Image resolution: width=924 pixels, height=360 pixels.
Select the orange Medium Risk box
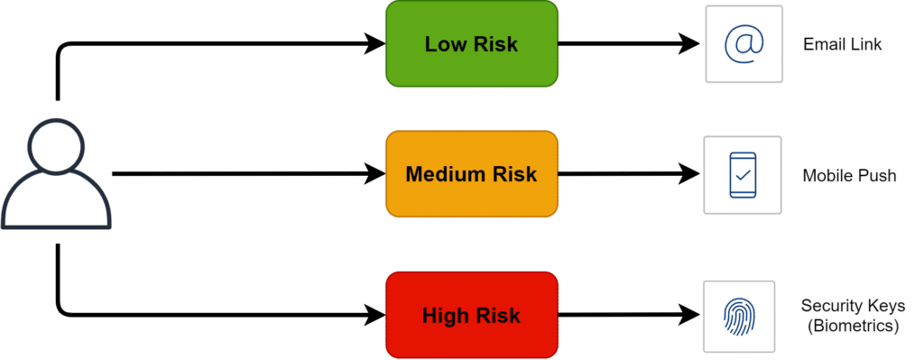coord(471,173)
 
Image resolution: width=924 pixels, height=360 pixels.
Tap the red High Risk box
coord(471,315)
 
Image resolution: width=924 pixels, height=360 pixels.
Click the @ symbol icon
coord(744,43)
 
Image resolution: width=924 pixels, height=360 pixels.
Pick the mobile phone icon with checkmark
coord(744,175)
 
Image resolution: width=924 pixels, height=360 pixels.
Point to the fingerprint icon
coord(744,315)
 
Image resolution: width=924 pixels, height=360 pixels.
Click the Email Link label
coord(842,44)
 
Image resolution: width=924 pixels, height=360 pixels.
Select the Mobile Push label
coord(849,175)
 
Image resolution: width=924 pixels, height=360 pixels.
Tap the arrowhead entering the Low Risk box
coord(375,42)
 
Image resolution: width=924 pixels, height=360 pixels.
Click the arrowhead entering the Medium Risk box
coord(375,174)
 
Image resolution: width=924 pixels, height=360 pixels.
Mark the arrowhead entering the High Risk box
coord(375,315)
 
